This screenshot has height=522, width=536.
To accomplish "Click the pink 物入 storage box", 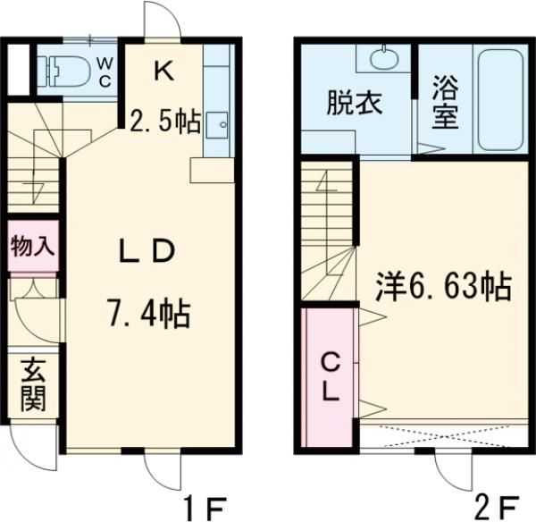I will click(32, 244).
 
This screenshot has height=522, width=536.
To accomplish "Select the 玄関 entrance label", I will click(32, 384).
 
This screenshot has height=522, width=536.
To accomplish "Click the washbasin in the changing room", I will click(382, 61).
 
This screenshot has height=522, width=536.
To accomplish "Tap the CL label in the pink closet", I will click(331, 377).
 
